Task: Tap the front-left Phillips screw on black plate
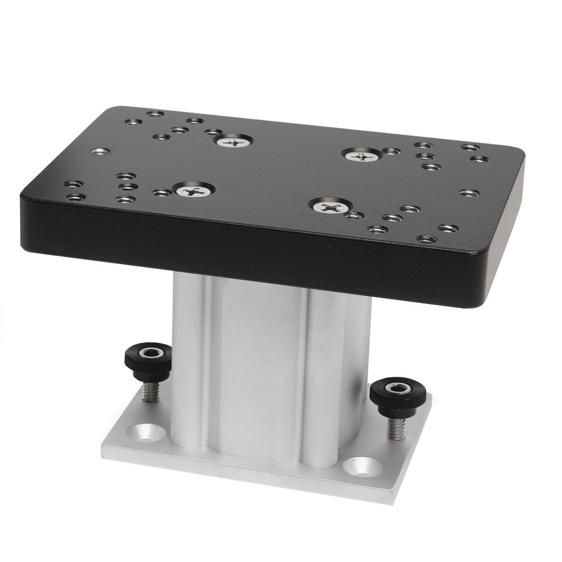(x=193, y=191)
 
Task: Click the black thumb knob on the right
(x=398, y=393)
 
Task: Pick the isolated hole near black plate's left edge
(x=99, y=151)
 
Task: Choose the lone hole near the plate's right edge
(x=468, y=193)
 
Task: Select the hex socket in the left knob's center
(x=149, y=353)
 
